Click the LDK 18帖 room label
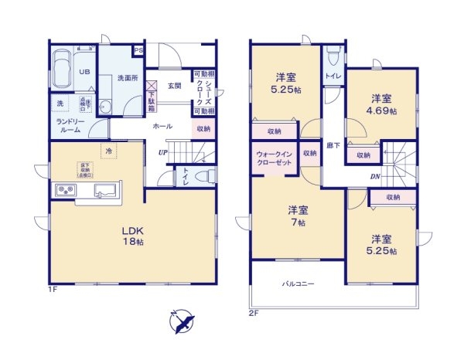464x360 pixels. (x=132, y=236)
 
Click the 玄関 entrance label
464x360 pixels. (x=175, y=87)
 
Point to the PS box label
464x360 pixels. (x=138, y=51)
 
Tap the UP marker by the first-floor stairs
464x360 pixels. (x=162, y=152)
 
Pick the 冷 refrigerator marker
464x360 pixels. (x=109, y=152)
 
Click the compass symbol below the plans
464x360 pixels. (x=183, y=321)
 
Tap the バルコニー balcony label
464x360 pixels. (x=298, y=284)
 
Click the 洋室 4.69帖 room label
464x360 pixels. (x=382, y=105)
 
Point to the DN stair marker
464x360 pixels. (x=375, y=177)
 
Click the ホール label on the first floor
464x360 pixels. (x=162, y=126)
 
